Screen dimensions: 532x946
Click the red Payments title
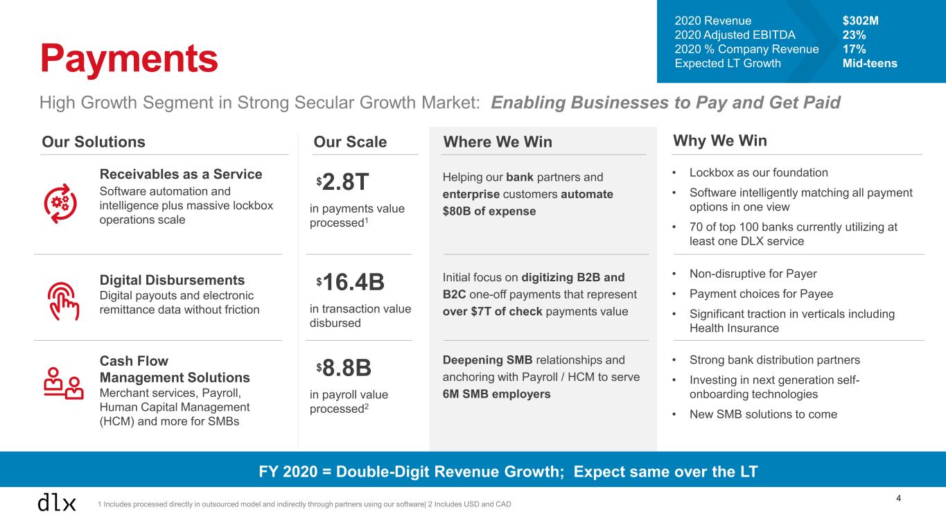click(129, 58)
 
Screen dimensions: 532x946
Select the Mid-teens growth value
click(870, 63)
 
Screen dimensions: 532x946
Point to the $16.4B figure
click(350, 283)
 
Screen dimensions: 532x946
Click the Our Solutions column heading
click(94, 142)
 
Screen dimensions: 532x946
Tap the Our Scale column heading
click(350, 142)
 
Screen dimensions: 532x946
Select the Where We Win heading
click(497, 142)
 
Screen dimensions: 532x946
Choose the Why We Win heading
click(720, 141)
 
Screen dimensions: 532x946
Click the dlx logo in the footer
click(56, 503)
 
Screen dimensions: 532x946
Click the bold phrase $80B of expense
click(489, 211)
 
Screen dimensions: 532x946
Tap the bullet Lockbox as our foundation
click(758, 172)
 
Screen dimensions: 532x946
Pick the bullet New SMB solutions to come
click(763, 414)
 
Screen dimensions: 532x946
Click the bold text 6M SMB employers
click(496, 394)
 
